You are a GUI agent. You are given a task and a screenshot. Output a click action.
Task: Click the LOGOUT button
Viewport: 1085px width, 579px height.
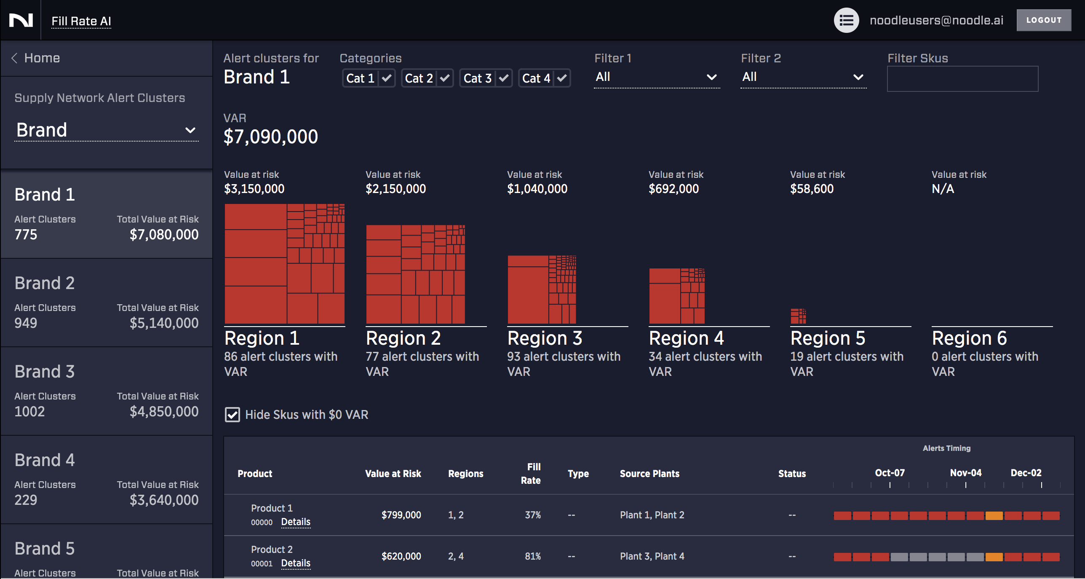click(1043, 20)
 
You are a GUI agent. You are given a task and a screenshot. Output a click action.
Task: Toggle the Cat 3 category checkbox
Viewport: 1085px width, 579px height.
click(503, 78)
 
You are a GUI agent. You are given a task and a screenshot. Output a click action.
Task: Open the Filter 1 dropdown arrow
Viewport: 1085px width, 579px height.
click(711, 77)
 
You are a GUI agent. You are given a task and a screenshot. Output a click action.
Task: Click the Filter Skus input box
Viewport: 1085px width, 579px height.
click(962, 79)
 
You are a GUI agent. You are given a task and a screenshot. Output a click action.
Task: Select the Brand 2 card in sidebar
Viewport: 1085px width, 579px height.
click(106, 303)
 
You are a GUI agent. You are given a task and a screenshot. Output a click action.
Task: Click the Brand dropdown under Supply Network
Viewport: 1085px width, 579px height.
click(106, 130)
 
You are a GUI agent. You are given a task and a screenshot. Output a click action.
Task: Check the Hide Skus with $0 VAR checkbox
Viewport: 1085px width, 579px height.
click(232, 415)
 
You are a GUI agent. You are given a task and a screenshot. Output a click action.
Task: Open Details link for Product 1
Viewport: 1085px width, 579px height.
click(296, 522)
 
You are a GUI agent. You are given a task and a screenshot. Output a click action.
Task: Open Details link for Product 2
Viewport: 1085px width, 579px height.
click(296, 563)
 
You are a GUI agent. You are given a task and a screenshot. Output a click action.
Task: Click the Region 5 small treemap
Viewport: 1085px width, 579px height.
click(798, 316)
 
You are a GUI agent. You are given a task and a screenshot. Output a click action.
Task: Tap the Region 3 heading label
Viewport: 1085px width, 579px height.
click(545, 338)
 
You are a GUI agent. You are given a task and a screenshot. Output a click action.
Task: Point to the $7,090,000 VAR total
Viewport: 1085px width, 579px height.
click(270, 137)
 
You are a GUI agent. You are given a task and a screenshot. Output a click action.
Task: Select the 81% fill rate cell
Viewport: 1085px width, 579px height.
click(532, 556)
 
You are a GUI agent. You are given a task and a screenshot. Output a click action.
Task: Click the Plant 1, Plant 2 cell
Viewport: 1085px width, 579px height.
click(652, 515)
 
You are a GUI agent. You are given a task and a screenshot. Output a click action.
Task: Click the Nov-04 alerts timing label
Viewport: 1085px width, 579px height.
click(965, 473)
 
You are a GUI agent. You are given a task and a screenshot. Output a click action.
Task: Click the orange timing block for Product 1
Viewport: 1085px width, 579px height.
click(994, 516)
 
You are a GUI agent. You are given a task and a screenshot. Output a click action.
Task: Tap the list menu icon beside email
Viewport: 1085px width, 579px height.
click(846, 20)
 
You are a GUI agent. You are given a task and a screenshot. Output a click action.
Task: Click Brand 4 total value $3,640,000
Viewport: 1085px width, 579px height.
click(164, 500)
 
